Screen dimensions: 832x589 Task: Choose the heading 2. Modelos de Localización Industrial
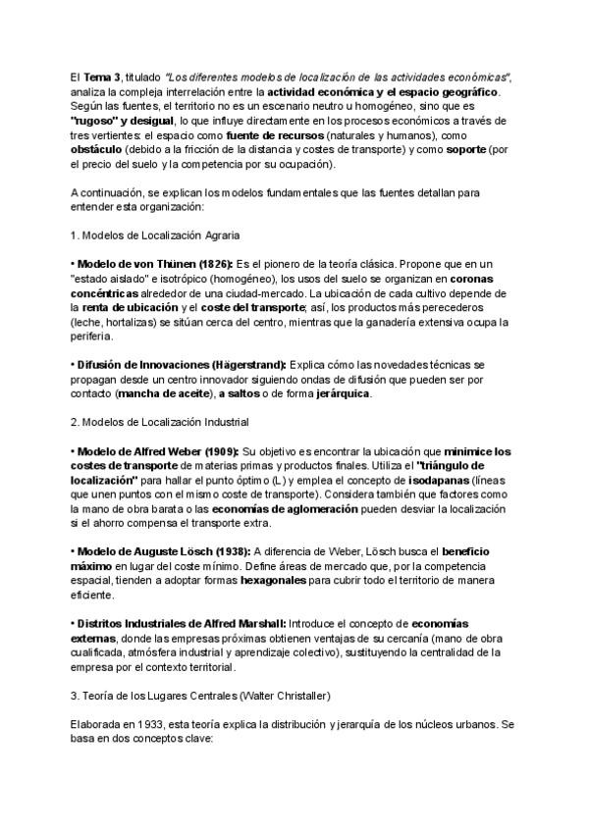[160, 422]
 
